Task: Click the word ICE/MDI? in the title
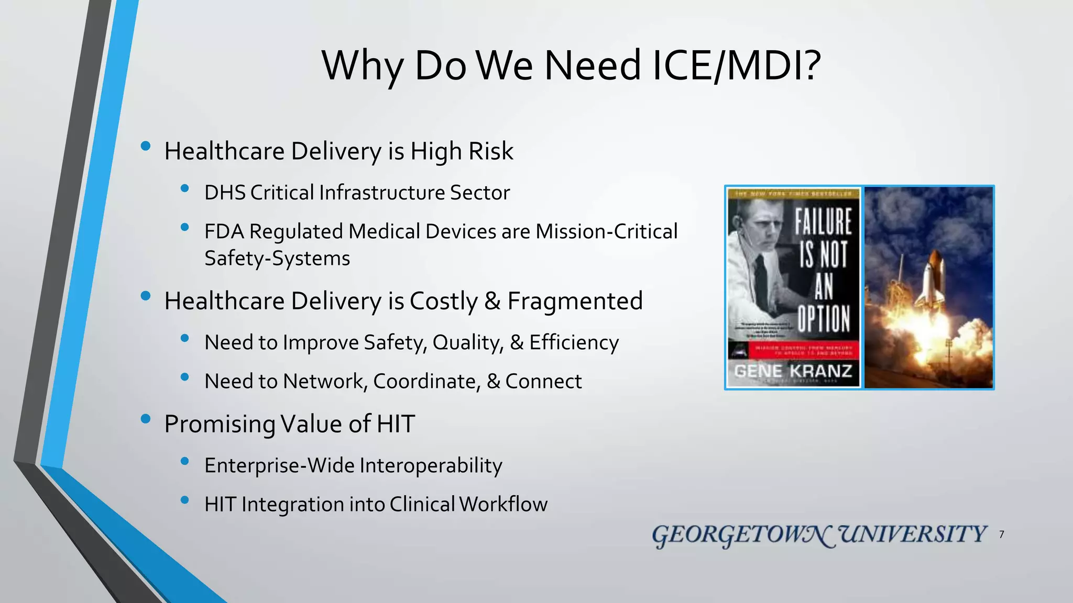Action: point(737,66)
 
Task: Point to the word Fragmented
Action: point(575,301)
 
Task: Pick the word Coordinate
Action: point(426,382)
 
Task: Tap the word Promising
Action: point(220,424)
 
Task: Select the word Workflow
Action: point(503,504)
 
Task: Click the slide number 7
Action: point(1001,534)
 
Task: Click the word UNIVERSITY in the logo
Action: point(913,534)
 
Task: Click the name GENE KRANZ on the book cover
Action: point(793,371)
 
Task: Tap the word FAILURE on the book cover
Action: point(823,221)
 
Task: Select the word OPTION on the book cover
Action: point(824,318)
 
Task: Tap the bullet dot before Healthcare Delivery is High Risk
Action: point(146,147)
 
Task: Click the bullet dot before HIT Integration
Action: point(184,500)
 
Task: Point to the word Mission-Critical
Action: point(606,231)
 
